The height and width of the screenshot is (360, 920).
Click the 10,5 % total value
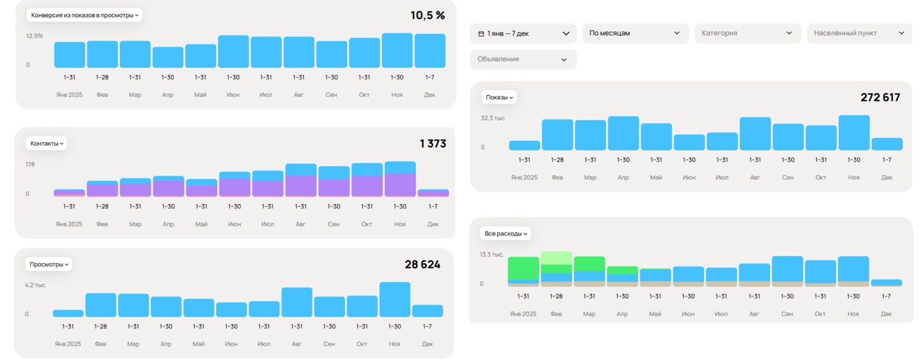[427, 15]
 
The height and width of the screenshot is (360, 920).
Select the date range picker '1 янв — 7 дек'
[524, 33]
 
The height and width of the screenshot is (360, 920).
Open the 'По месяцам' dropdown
[635, 33]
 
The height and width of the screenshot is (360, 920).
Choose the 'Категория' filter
[747, 33]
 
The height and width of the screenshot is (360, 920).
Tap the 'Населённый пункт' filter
[859, 33]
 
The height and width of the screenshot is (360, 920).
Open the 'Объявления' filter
[523, 59]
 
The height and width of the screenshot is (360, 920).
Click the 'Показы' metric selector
[499, 97]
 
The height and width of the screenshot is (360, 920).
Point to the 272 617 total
[880, 97]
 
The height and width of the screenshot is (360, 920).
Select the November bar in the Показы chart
[853, 133]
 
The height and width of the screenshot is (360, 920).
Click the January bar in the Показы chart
[524, 145]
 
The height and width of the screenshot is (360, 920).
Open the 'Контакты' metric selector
[47, 143]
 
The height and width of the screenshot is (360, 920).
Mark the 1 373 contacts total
[433, 143]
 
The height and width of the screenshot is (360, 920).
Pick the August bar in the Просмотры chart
[297, 303]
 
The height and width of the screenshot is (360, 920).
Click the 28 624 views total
[422, 264]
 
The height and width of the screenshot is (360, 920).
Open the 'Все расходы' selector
[506, 234]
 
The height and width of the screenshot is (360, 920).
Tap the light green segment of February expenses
[556, 258]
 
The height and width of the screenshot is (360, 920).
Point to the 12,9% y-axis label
[34, 36]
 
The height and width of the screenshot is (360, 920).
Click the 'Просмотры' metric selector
[49, 264]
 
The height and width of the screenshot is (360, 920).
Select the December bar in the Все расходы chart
[886, 283]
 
